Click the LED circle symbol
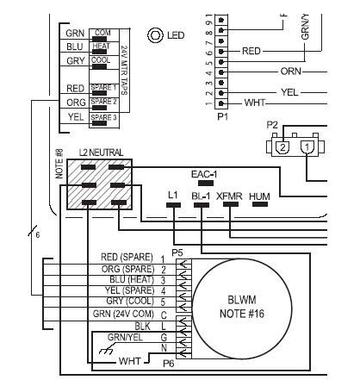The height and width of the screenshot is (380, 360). coord(156,35)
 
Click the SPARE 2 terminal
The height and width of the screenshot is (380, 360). coord(102,103)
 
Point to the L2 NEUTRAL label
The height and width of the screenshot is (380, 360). coord(102,153)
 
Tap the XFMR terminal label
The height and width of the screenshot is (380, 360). coord(229,197)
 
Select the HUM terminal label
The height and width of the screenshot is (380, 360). coord(259,197)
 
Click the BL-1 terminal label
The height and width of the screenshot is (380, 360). coord(201,197)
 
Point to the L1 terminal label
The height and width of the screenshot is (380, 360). coord(173,197)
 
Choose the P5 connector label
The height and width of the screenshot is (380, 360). coord(177,252)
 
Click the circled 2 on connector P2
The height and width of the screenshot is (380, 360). coord(282,147)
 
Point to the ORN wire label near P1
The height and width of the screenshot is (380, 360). coord(291,70)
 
